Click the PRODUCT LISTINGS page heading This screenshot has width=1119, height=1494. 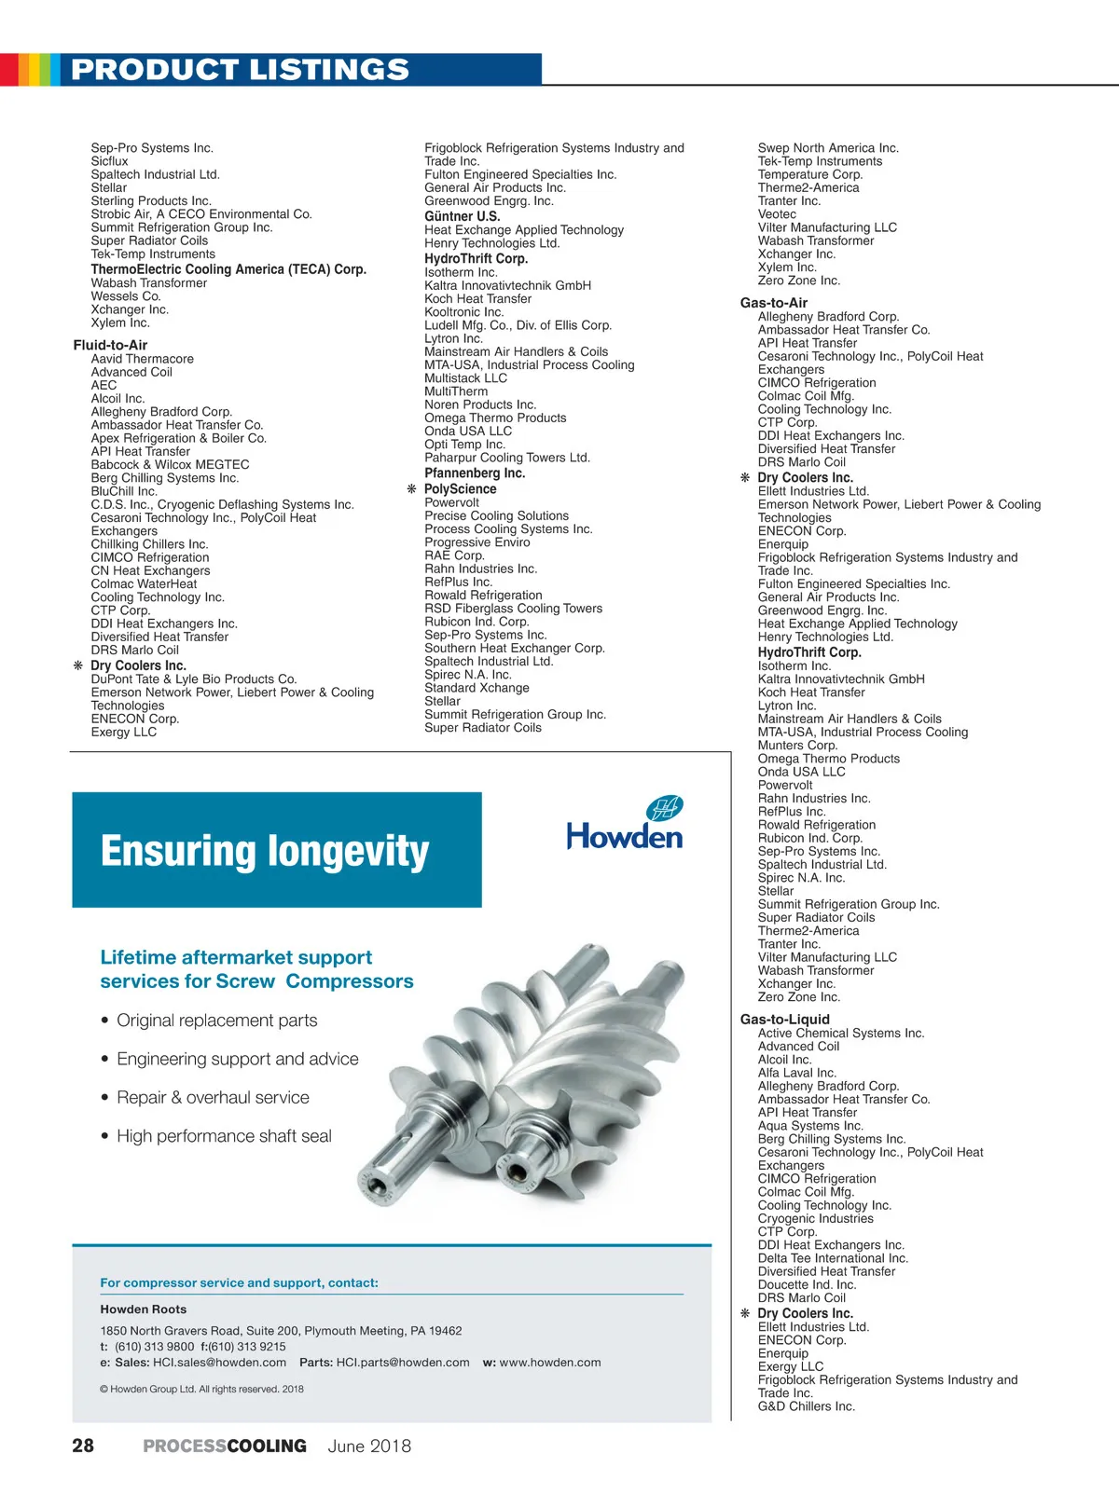[240, 70]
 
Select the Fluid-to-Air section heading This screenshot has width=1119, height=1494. [110, 345]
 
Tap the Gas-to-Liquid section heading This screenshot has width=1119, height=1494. [784, 1020]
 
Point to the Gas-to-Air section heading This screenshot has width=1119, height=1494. [774, 303]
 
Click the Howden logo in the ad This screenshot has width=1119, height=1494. [625, 825]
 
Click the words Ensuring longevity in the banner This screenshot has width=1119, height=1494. [265, 851]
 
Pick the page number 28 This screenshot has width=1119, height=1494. [83, 1446]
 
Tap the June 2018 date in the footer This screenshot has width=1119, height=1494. [369, 1446]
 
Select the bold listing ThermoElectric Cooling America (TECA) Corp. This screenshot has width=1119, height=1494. [228, 269]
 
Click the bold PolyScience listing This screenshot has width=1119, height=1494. [461, 489]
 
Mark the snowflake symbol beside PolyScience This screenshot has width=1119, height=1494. [411, 489]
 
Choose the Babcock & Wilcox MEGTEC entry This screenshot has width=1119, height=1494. [170, 465]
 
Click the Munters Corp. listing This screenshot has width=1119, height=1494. [797, 746]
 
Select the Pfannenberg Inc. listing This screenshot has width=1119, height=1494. [475, 473]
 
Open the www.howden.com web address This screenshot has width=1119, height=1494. [550, 1363]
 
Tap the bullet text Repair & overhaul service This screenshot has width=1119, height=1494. [213, 1098]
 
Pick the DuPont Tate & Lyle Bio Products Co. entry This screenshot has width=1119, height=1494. [194, 679]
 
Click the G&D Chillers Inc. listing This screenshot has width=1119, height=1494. [806, 1406]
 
